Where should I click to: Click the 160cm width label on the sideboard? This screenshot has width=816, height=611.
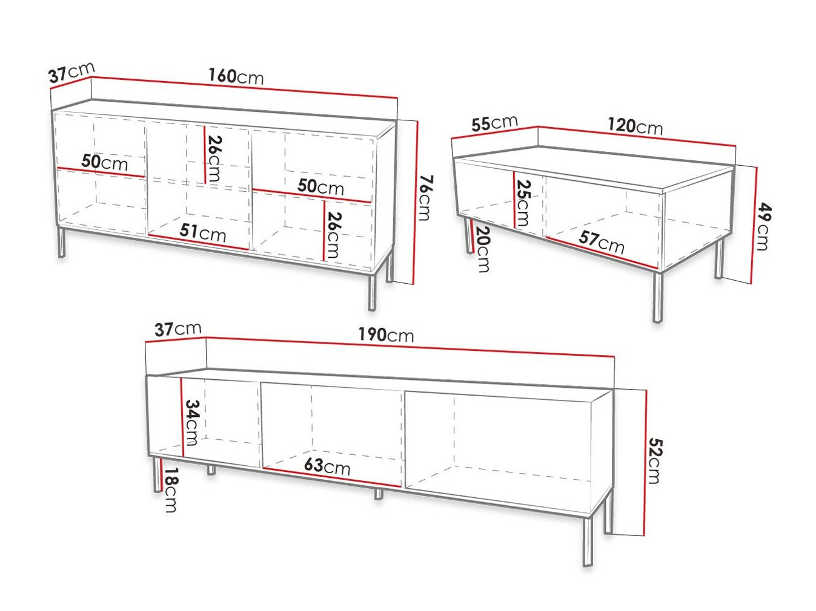point(236,76)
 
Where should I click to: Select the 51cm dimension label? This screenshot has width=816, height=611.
point(203,232)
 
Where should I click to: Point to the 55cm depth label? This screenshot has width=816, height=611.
point(494,123)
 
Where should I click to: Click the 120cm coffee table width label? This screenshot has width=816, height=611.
point(635,126)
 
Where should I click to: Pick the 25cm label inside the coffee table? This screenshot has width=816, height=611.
point(523,203)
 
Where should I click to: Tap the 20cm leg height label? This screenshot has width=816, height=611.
point(483,249)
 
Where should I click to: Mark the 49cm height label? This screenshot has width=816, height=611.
point(763,227)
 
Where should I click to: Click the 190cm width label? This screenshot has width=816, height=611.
point(386,335)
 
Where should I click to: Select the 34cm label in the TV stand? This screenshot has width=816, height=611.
point(192,422)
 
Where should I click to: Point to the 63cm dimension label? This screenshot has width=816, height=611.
point(327,466)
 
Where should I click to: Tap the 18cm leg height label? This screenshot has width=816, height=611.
point(171,490)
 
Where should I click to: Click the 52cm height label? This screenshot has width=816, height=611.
point(655,461)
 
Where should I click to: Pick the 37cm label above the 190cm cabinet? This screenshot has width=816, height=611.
point(177,329)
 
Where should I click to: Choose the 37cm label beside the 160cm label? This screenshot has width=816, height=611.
point(71,73)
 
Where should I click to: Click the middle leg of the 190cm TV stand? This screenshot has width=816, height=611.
point(379,494)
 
